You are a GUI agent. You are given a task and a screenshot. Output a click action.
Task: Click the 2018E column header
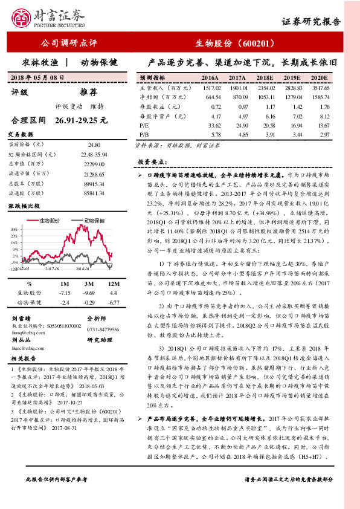coord(265,79)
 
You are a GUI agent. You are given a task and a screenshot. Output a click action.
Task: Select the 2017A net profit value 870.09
coord(238,97)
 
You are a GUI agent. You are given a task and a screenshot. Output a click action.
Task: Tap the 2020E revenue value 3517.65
coord(320,88)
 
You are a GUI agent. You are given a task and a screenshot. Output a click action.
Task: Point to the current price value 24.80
coord(94,145)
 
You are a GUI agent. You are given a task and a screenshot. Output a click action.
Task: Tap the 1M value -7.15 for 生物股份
coord(65,293)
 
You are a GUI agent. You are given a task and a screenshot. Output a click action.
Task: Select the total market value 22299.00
coord(94,164)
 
